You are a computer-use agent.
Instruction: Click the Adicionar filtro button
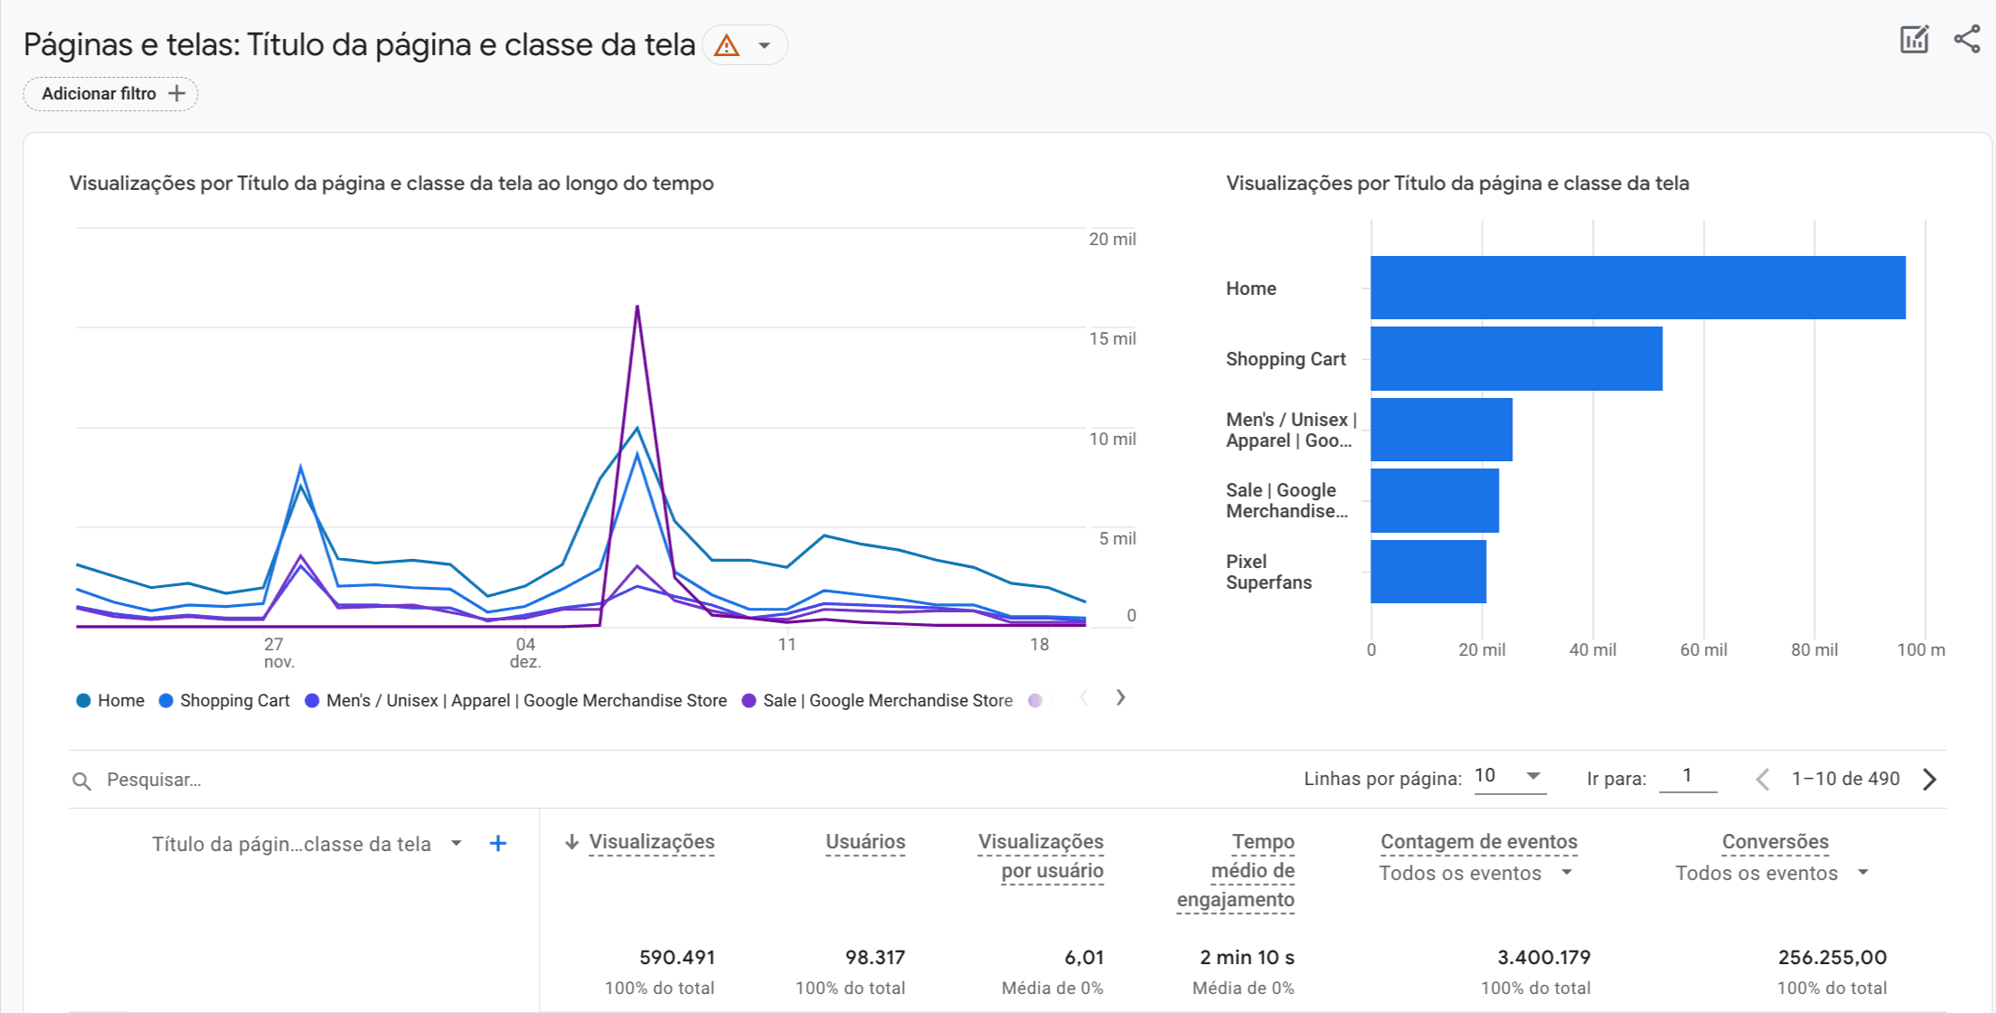click(x=110, y=94)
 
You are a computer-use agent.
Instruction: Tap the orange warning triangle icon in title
click(x=726, y=45)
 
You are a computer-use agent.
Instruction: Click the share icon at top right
click(x=1967, y=39)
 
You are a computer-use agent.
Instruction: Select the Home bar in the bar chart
click(x=1637, y=288)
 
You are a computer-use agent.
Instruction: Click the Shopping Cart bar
click(x=1516, y=359)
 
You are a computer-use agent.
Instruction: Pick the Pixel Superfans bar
click(x=1428, y=572)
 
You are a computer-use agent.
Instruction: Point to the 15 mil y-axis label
click(x=1112, y=339)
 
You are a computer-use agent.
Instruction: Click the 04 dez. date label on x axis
click(x=525, y=652)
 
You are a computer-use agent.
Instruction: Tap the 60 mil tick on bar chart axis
click(x=1703, y=650)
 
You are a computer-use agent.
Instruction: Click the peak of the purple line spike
click(x=637, y=308)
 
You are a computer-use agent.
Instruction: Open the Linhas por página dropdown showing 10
click(x=1508, y=776)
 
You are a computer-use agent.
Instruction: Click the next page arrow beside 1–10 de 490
click(x=1929, y=780)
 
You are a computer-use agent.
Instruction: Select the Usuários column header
click(x=864, y=842)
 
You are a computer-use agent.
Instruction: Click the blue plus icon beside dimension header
click(x=497, y=844)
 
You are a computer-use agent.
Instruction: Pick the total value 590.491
click(x=676, y=957)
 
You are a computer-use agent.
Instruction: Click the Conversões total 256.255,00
click(x=1831, y=957)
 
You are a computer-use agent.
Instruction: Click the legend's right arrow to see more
click(x=1120, y=697)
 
